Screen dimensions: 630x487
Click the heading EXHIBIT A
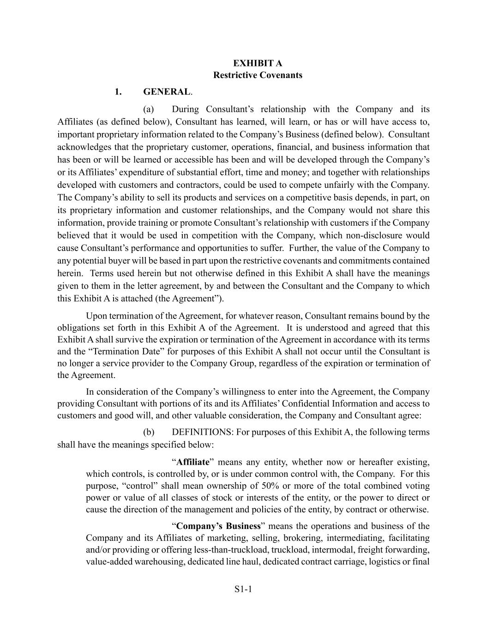258,63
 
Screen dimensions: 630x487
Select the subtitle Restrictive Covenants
258,75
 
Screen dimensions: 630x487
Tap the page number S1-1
243,589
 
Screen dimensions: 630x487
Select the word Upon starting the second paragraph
96,316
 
